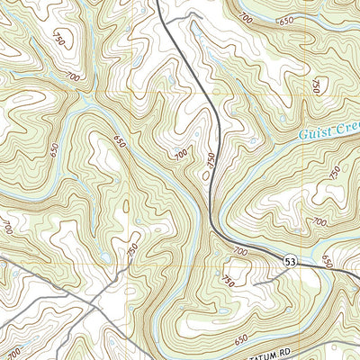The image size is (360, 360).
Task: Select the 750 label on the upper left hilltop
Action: point(60,40)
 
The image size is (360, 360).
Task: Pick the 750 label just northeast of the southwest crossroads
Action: point(133,249)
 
